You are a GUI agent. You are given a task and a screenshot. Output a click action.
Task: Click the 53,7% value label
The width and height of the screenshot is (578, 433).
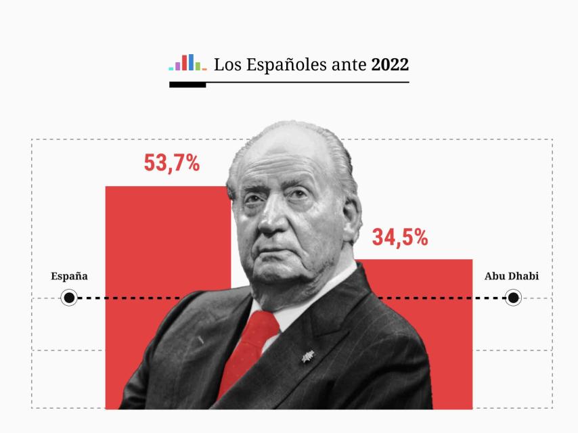[171, 163]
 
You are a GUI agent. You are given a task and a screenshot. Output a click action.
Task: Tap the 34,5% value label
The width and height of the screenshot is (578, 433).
[399, 237]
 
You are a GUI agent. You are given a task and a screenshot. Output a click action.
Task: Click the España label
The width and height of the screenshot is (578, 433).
[69, 276]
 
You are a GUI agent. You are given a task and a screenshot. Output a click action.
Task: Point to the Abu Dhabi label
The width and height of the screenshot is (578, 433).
[511, 276]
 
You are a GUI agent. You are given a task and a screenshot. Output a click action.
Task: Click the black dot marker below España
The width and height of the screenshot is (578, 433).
[69, 298]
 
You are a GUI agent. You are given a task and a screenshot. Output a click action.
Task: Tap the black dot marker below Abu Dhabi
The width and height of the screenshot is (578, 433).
[513, 298]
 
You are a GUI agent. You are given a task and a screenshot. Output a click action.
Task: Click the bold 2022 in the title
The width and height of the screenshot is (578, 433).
[390, 65]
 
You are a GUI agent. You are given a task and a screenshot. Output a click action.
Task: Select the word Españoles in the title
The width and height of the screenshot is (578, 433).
[269, 66]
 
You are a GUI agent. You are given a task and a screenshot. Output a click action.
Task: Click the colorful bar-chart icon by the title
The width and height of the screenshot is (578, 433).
[187, 63]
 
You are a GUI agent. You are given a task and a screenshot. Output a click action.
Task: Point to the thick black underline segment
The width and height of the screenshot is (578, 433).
[187, 85]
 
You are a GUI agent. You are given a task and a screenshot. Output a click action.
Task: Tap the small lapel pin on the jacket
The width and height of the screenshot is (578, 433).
[307, 353]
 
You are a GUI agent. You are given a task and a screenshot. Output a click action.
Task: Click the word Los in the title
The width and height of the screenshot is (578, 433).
[225, 65]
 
